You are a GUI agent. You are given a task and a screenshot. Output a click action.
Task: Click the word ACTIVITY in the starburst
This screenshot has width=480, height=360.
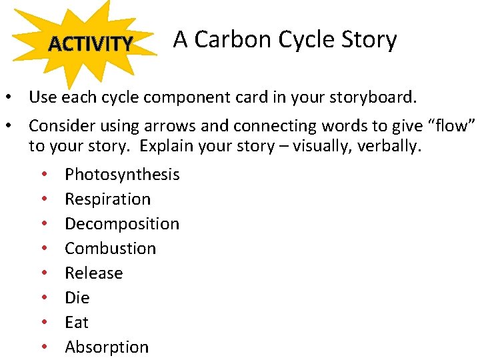[x=91, y=44]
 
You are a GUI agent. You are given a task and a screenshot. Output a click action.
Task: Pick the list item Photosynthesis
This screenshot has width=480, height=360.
[x=122, y=175]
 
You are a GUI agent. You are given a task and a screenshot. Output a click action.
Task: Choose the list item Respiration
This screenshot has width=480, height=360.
[x=107, y=199]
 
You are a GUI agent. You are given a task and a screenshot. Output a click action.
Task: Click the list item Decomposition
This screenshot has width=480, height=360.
[x=122, y=224]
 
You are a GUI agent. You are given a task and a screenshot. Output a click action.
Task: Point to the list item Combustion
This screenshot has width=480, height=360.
[x=110, y=249]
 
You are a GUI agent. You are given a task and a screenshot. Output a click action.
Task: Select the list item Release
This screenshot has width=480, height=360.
[x=93, y=273]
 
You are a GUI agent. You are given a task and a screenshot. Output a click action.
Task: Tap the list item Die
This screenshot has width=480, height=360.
[x=77, y=298]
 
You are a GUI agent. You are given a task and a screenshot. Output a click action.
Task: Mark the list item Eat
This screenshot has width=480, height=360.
[x=76, y=323]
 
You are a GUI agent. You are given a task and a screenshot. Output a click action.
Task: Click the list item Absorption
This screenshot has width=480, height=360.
[x=107, y=347]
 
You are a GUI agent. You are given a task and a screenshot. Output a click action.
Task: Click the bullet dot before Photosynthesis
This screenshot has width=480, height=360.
[x=43, y=175]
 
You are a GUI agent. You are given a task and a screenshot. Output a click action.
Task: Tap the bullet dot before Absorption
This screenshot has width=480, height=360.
[x=43, y=348]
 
